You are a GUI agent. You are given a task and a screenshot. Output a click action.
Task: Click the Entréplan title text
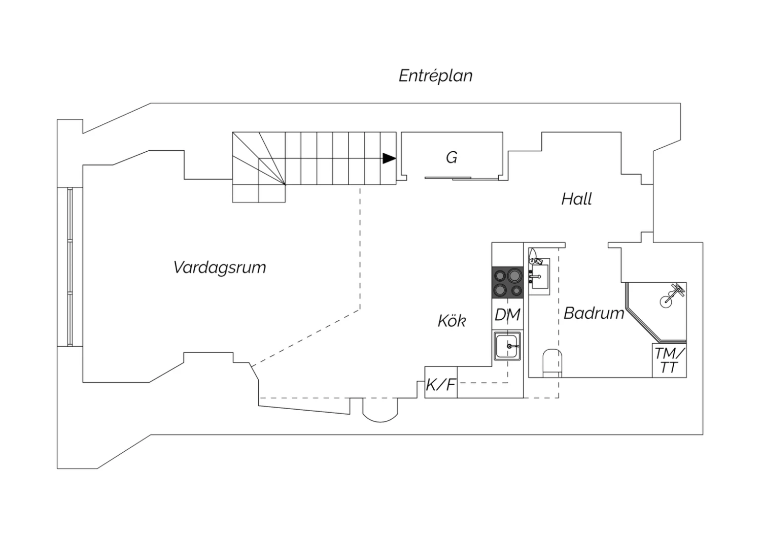click(x=435, y=76)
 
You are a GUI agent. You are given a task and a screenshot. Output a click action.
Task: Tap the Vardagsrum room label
click(x=220, y=267)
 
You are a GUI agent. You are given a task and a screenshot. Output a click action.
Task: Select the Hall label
click(x=576, y=199)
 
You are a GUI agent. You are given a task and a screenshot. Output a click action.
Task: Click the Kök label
click(x=452, y=320)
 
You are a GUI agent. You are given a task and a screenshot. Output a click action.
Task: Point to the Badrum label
click(x=594, y=313)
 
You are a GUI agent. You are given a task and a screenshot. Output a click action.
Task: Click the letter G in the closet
click(x=452, y=157)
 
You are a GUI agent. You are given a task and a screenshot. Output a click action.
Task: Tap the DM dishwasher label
click(x=507, y=315)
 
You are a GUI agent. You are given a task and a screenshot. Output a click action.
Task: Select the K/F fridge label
click(x=441, y=385)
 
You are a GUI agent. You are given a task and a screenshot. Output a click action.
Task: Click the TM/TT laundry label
click(x=669, y=360)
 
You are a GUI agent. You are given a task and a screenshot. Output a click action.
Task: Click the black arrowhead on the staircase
click(x=389, y=158)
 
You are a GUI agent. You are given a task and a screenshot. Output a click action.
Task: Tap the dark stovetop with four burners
click(x=507, y=282)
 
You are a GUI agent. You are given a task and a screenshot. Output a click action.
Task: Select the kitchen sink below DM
click(x=507, y=346)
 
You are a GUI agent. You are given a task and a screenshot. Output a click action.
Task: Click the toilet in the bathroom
click(x=552, y=363)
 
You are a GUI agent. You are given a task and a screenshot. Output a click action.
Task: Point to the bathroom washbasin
click(x=539, y=276)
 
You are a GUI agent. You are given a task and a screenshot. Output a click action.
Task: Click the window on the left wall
click(x=70, y=267)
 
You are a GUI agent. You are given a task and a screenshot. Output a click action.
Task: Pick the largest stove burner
click(x=515, y=275)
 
